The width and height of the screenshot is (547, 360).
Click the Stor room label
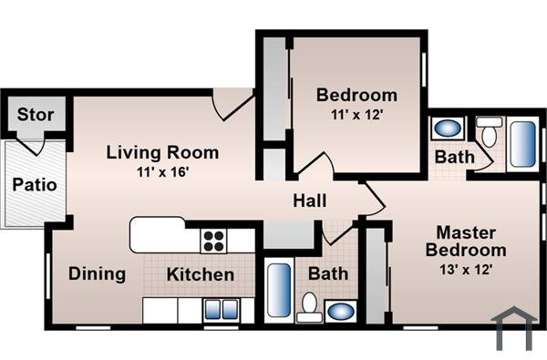(36, 116)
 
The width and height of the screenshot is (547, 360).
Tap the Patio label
(35, 184)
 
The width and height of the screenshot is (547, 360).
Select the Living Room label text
(162, 152)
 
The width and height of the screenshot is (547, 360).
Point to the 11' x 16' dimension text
(162, 170)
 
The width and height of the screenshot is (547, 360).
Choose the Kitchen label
(201, 274)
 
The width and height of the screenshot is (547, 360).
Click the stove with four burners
(213, 241)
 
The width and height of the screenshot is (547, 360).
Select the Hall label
(310, 201)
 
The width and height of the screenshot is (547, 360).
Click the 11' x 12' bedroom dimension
(356, 115)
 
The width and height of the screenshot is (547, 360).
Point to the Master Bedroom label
(470, 241)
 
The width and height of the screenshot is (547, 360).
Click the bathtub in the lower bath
(279, 290)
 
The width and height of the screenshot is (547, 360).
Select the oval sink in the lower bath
(340, 310)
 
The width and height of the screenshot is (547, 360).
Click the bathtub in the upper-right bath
(522, 142)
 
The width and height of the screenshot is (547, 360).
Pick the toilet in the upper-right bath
(490, 134)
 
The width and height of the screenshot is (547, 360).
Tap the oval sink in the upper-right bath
(447, 129)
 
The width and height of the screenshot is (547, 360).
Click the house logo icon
(512, 328)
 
